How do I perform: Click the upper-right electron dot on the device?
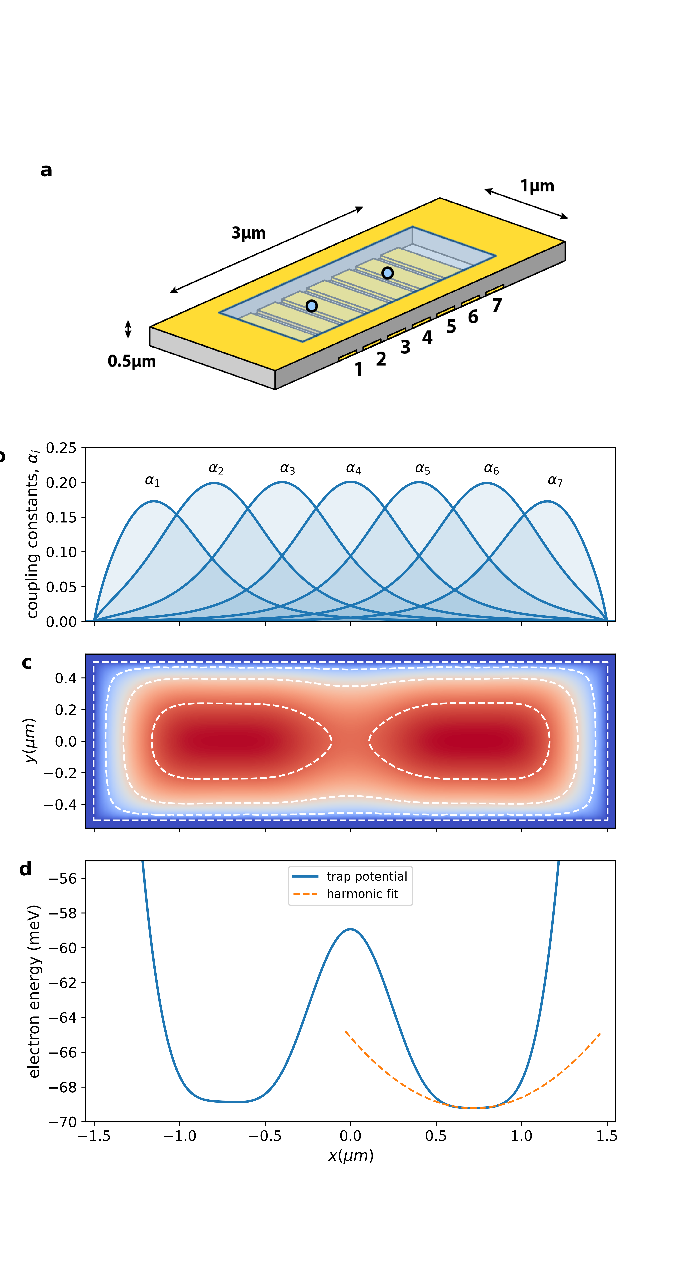tap(387, 273)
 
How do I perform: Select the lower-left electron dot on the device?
tap(312, 306)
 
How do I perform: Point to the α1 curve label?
tap(152, 481)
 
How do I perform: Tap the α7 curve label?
tap(555, 481)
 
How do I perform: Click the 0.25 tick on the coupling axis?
tap(61, 448)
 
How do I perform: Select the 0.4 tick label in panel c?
tap(66, 678)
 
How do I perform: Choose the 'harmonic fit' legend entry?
tap(362, 894)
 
